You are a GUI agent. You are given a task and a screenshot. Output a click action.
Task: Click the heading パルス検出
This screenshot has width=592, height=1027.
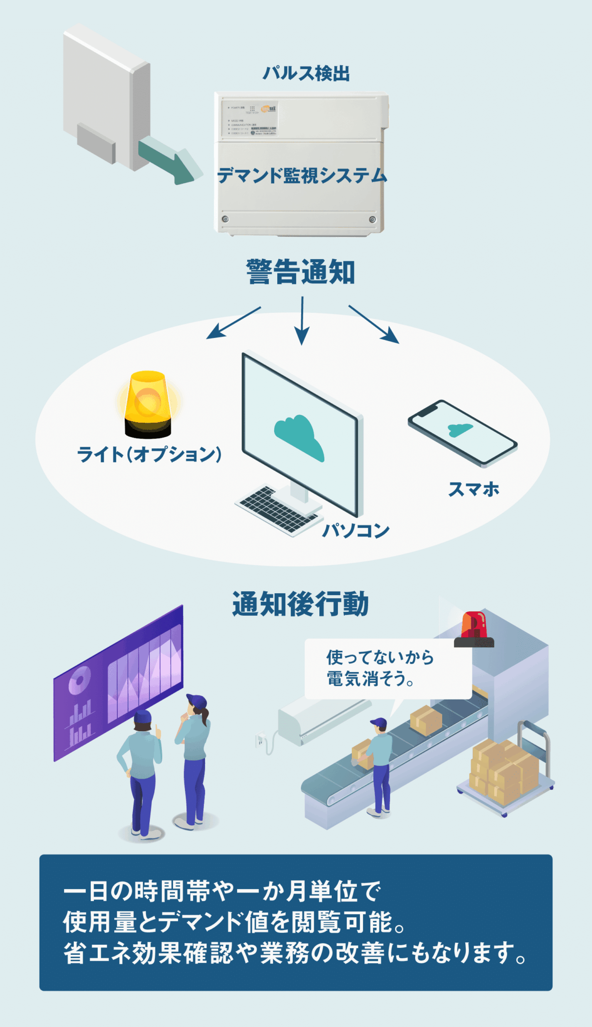(306, 73)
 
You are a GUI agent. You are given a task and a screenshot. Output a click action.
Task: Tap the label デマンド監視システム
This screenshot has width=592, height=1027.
(302, 176)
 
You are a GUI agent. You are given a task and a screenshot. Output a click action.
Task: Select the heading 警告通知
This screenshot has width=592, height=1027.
(301, 272)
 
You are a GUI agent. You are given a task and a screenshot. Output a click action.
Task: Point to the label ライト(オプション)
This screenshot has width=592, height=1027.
(149, 454)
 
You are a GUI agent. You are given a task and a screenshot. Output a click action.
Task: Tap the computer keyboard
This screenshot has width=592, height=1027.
(273, 509)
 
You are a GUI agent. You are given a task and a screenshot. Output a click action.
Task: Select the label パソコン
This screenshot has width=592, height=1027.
(356, 530)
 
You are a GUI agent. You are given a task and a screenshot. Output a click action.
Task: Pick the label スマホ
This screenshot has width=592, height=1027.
(474, 489)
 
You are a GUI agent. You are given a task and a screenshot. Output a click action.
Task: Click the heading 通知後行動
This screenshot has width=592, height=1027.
(300, 604)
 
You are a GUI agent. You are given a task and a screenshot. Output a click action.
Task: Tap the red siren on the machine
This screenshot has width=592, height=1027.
(474, 629)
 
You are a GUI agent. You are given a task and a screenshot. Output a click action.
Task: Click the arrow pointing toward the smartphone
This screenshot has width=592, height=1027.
(373, 324)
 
